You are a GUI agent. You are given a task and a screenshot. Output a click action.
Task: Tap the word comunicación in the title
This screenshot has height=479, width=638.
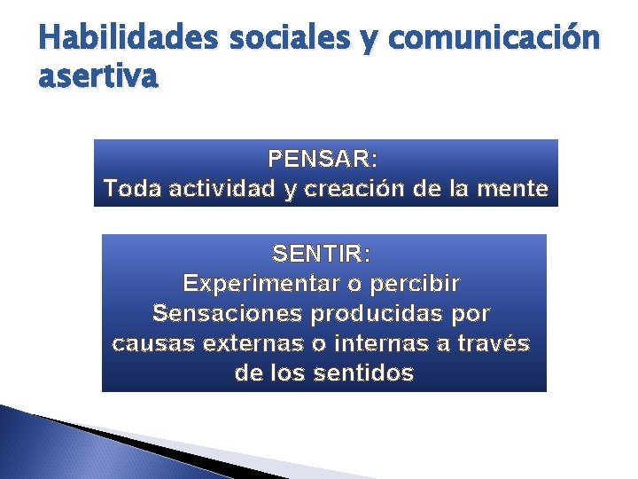[x=494, y=38]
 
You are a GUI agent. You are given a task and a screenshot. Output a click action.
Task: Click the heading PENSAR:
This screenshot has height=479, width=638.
[x=323, y=160]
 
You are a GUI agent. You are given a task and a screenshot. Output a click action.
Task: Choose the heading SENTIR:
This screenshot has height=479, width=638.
[x=323, y=255]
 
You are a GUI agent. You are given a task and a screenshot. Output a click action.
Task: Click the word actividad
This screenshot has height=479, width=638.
[x=221, y=189]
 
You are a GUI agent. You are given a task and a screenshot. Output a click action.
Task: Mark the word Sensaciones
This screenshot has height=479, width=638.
[x=227, y=314]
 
